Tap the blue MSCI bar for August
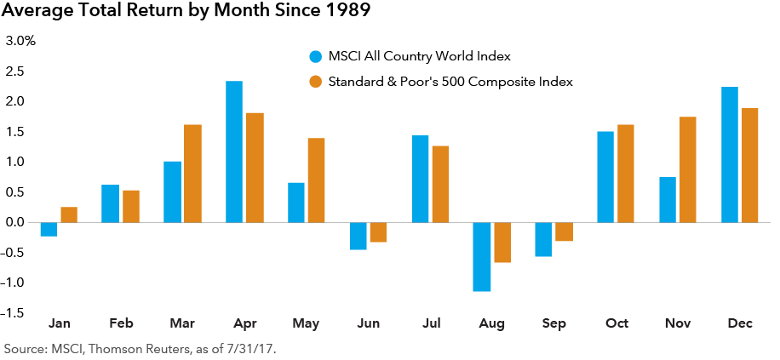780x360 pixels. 482,256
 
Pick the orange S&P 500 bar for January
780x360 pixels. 69,214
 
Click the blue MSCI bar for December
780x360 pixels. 730,154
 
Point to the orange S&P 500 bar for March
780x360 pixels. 192,174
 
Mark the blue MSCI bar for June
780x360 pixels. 358,236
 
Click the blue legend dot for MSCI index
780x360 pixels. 314,57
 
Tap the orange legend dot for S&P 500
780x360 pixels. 314,82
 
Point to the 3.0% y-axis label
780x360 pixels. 21,41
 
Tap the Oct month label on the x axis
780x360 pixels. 617,324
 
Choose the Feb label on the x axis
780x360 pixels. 121,324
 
